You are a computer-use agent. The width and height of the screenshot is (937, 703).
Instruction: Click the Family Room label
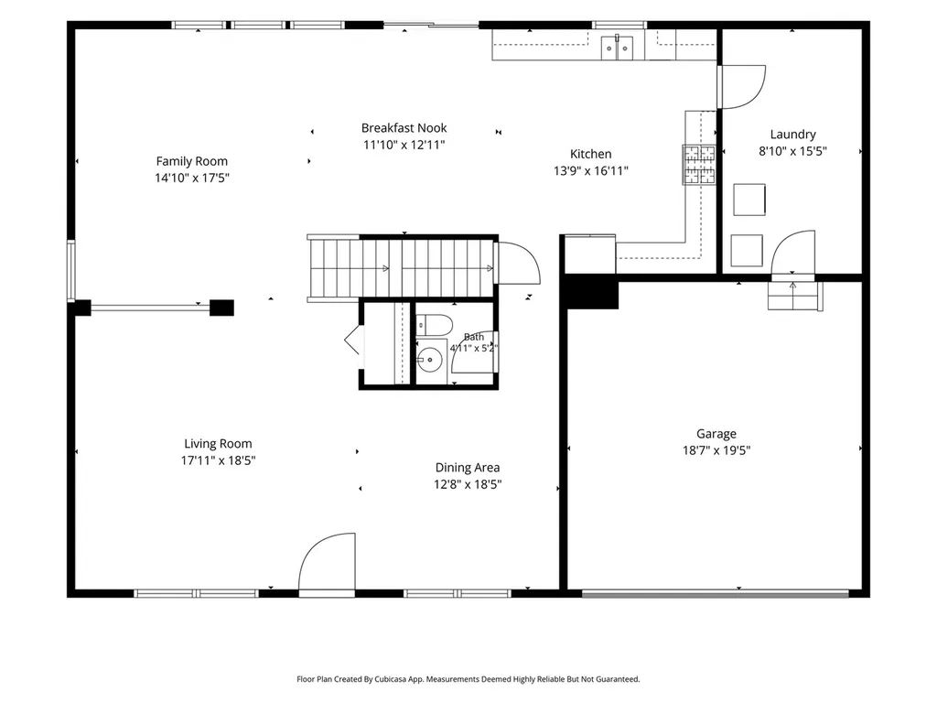pyautogui.click(x=192, y=161)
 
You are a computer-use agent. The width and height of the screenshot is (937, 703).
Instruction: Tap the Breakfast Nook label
pyautogui.click(x=404, y=128)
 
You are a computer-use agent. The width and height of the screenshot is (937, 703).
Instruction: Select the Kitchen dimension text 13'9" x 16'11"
pyautogui.click(x=591, y=171)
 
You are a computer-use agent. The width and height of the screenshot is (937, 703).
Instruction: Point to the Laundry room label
pyautogui.click(x=793, y=135)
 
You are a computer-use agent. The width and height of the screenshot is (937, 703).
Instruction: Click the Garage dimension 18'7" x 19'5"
pyautogui.click(x=716, y=450)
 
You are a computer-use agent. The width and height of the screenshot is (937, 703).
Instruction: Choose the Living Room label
pyautogui.click(x=218, y=444)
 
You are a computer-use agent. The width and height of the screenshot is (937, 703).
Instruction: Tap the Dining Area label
pyautogui.click(x=468, y=468)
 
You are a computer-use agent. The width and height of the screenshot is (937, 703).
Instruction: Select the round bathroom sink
pyautogui.click(x=429, y=360)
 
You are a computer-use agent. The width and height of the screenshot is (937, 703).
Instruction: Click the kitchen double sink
pyautogui.click(x=617, y=47)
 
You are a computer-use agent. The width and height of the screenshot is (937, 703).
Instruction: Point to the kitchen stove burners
pyautogui.click(x=699, y=165)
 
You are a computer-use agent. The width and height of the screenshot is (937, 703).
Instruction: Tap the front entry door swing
pyautogui.click(x=327, y=563)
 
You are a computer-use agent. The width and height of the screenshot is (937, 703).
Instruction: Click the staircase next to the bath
pyautogui.click(x=403, y=268)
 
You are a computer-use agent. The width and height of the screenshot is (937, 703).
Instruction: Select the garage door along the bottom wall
pyautogui.click(x=716, y=594)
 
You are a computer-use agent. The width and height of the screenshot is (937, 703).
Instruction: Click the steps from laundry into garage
pyautogui.click(x=795, y=296)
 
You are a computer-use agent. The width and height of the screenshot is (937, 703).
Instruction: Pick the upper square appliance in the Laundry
pyautogui.click(x=749, y=200)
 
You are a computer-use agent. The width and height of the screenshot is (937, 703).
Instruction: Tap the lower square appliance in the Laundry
pyautogui.click(x=747, y=251)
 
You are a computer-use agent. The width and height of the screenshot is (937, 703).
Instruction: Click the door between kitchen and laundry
pyautogui.click(x=741, y=87)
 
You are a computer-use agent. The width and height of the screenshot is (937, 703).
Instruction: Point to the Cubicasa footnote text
pyautogui.click(x=468, y=679)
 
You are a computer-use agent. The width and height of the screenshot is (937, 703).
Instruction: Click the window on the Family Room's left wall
pyautogui.click(x=71, y=271)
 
